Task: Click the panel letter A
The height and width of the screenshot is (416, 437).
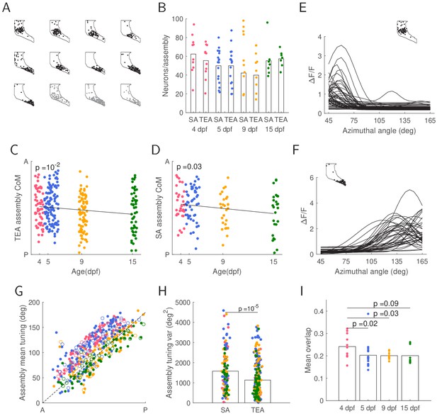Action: tap(6, 8)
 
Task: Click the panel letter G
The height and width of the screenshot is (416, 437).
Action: tap(19, 291)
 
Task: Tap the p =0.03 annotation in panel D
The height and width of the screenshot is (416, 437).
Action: tap(189, 167)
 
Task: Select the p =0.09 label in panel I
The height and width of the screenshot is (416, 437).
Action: tap(386, 303)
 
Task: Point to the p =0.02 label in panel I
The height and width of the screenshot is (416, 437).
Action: tap(365, 324)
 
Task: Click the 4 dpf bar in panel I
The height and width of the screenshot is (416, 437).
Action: tap(347, 373)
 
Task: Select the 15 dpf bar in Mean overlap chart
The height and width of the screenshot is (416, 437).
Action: tap(409, 378)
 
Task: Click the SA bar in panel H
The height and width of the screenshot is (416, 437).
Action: tap(225, 387)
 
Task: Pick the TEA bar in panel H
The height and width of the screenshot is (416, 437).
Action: tap(258, 391)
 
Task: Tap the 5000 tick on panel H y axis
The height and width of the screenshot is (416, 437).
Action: tap(183, 303)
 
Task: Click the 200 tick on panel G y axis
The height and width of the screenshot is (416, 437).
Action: tap(35, 303)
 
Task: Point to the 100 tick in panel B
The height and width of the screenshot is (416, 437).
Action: tap(178, 19)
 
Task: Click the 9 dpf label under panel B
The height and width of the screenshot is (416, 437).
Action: tap(249, 130)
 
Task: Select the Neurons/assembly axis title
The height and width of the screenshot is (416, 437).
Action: tap(166, 66)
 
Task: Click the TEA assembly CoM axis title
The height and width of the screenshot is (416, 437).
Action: tap(18, 208)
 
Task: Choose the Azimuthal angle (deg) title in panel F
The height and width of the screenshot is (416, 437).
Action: tap(371, 271)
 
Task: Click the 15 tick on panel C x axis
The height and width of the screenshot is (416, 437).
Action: tap(132, 262)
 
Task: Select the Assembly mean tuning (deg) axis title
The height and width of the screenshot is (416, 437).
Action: tap(23, 353)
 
